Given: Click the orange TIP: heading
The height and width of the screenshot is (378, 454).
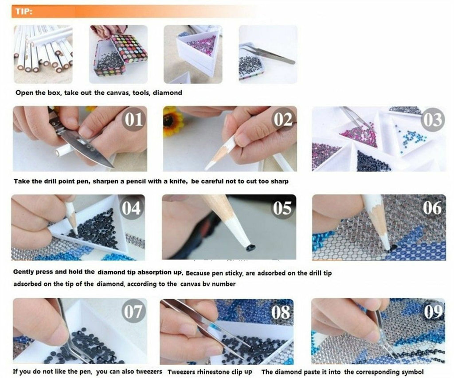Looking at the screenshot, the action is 24,11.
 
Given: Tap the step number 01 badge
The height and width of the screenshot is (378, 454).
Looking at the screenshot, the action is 134,119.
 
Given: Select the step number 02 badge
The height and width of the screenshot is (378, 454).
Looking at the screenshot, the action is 283,119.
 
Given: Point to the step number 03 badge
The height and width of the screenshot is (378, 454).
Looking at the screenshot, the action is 433,120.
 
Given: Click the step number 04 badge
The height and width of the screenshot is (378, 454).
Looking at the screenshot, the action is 131,208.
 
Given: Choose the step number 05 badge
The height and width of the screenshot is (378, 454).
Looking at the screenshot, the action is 282,208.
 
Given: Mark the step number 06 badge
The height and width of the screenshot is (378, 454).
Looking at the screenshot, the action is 432,207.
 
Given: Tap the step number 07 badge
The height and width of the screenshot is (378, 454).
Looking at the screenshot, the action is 133,311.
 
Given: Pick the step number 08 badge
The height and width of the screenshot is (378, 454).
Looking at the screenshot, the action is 281,312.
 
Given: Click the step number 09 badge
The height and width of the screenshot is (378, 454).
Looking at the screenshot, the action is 433,312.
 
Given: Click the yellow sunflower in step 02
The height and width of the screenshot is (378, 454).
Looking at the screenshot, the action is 173,121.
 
